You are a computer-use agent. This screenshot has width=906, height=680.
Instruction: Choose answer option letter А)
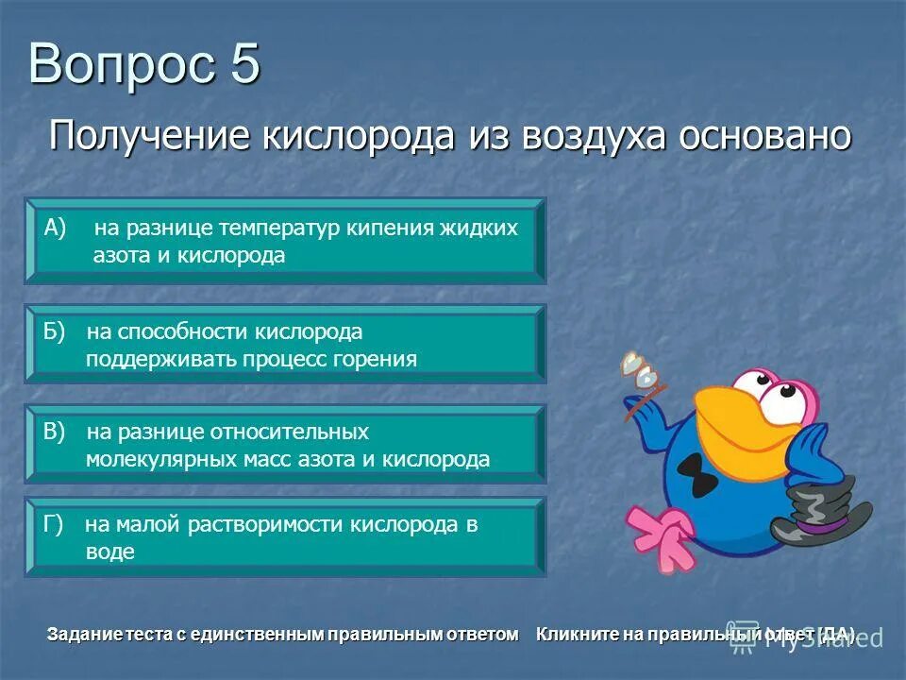[x=56, y=227]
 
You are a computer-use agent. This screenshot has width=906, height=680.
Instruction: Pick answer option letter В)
[x=56, y=432]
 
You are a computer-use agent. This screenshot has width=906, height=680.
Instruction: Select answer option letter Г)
[x=54, y=525]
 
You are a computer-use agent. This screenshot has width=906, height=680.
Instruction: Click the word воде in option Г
[x=109, y=552]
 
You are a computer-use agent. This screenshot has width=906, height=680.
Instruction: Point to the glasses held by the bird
[x=640, y=372]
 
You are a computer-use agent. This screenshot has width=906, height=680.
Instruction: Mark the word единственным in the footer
[x=256, y=634]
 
